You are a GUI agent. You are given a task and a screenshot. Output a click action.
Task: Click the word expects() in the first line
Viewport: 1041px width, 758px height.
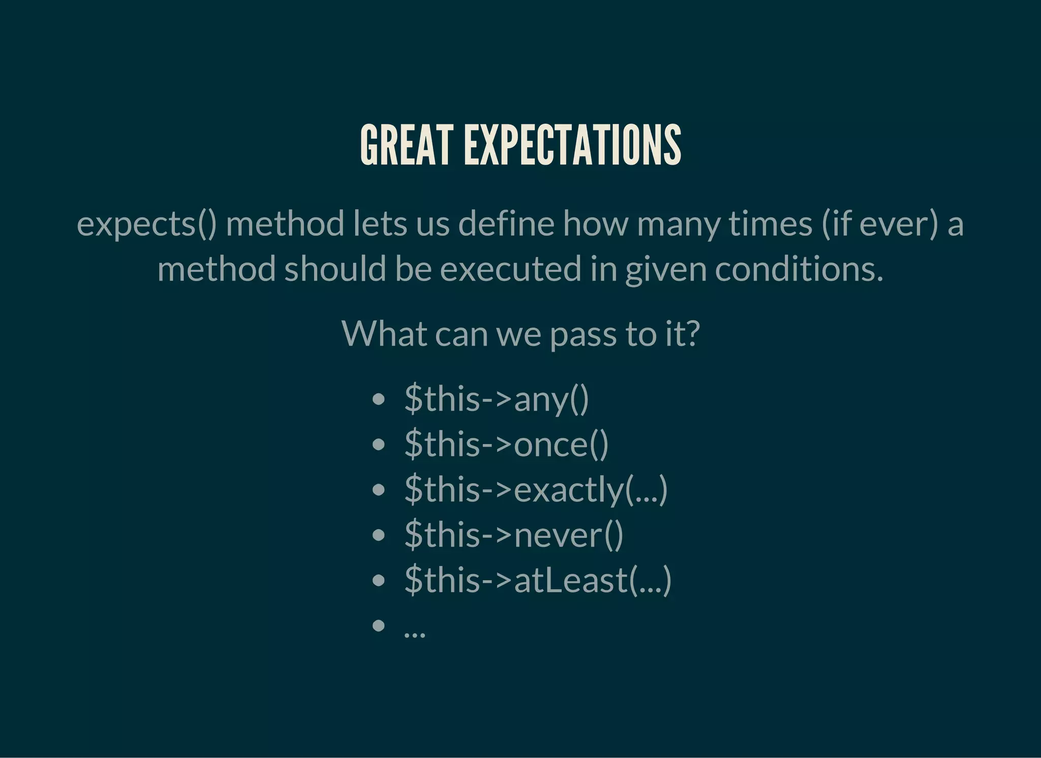tap(147, 224)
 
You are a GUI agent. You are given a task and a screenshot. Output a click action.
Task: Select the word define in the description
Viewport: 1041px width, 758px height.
tap(506, 224)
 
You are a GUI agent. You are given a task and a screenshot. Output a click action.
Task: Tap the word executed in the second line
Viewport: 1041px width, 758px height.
tap(510, 269)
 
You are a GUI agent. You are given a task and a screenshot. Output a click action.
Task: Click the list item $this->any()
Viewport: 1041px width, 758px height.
tap(497, 399)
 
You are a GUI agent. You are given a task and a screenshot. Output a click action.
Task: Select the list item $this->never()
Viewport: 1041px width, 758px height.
tap(514, 535)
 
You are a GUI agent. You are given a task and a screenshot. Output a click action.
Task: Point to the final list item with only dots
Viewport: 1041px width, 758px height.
tap(414, 633)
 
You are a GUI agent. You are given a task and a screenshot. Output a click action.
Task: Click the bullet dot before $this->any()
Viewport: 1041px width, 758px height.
tap(378, 400)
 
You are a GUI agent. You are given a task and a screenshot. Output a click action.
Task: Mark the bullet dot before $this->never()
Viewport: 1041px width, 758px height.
tap(378, 535)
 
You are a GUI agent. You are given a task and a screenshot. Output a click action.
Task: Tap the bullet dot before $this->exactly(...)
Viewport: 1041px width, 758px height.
tap(378, 490)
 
